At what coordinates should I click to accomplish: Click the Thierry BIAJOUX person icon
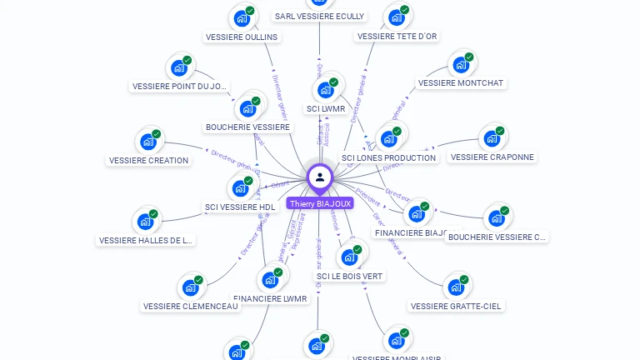(320, 177)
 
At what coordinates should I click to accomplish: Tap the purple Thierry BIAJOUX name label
(320, 202)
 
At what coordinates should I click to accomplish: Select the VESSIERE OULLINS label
(242, 37)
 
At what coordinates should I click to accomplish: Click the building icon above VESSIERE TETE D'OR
(397, 17)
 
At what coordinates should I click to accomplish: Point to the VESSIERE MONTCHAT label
(461, 83)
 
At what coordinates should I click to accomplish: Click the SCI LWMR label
(326, 108)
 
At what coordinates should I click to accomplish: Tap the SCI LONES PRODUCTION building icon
(388, 138)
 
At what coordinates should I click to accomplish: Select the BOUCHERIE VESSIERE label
(248, 127)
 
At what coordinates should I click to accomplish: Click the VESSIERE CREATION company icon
(148, 141)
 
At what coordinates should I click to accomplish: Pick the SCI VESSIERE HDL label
(240, 207)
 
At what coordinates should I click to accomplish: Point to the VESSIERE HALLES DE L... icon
(146, 221)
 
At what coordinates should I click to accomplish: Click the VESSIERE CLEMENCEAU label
(191, 306)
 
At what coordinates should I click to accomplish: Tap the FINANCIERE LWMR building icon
(270, 279)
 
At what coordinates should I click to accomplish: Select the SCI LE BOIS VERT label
(350, 276)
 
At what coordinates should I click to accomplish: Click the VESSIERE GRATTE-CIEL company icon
(456, 287)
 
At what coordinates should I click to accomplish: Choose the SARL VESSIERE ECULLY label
(319, 16)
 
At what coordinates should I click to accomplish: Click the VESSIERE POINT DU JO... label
(180, 86)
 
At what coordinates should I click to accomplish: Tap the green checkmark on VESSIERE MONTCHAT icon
(469, 57)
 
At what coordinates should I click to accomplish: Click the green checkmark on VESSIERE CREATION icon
(157, 134)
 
